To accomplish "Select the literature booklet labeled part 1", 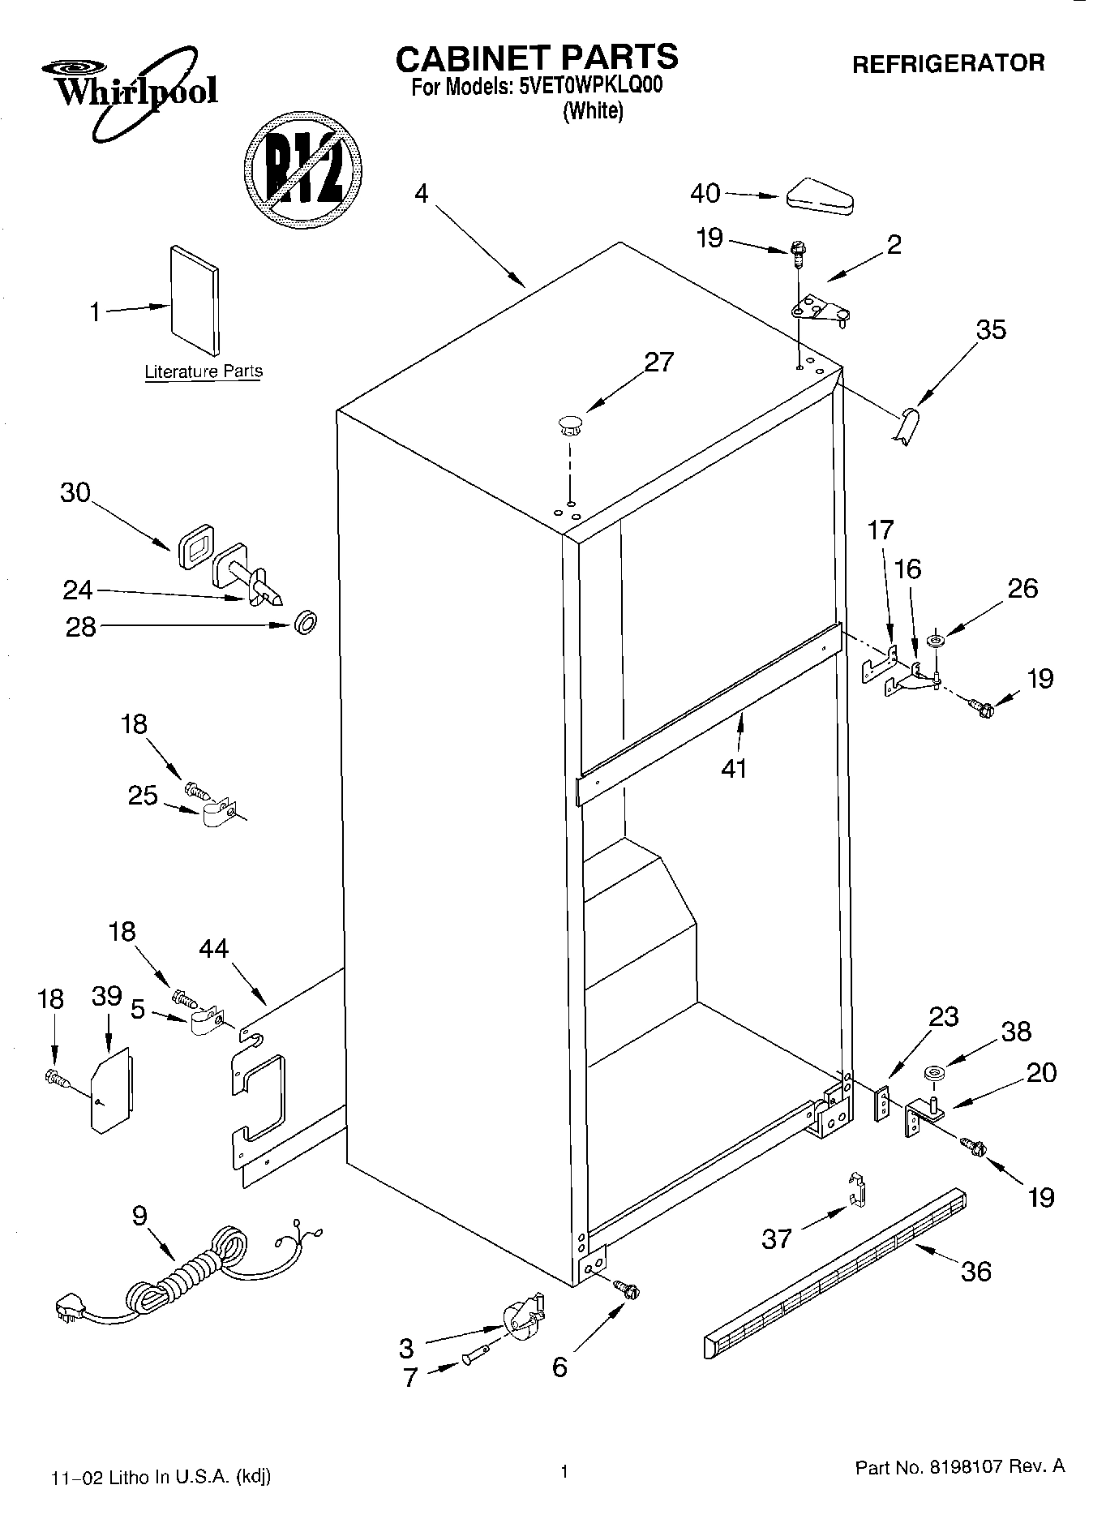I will click(194, 300).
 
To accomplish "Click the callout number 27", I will click(658, 362).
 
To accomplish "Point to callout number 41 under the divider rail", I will click(734, 766).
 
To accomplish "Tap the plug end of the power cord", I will click(70, 1307).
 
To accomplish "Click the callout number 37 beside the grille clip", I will click(776, 1238).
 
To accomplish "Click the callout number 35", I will click(990, 330).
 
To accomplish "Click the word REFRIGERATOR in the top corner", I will click(948, 62).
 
